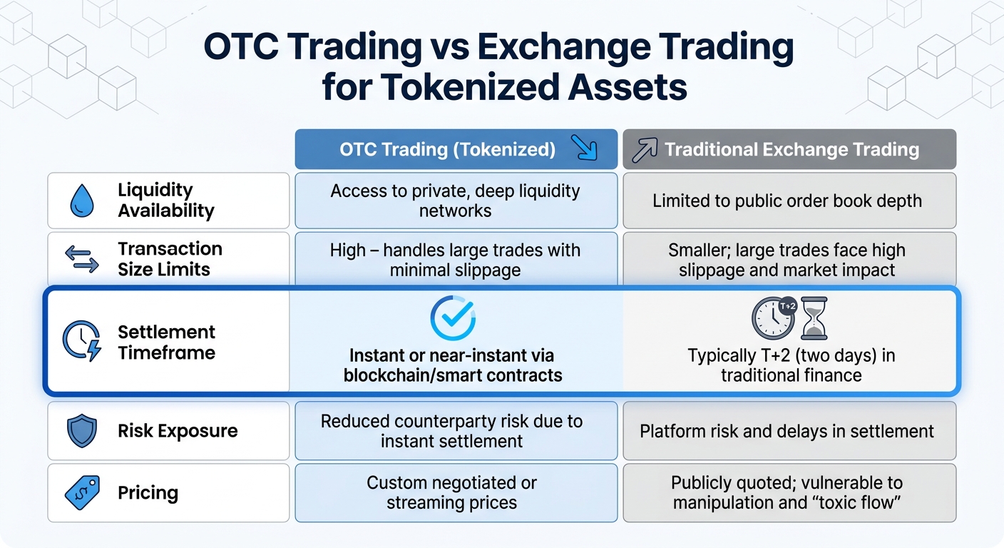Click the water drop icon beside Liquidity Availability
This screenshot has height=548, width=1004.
coord(82,201)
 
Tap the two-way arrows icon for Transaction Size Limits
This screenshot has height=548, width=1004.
coord(82,259)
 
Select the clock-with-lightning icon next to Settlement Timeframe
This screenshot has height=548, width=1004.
coord(83,341)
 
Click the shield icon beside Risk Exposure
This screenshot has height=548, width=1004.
coord(82,431)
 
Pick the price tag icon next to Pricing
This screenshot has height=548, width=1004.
coord(82,493)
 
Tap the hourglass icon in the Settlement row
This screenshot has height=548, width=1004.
coord(814,318)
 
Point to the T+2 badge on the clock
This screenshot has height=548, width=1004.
coord(787,306)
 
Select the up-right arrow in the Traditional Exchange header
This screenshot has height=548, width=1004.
coord(644,149)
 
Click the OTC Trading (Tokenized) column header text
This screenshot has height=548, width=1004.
coord(446,149)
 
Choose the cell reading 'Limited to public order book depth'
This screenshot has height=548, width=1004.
coord(787,201)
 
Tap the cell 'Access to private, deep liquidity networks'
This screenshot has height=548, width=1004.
coord(455,201)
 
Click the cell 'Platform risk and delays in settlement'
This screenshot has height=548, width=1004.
coord(787,431)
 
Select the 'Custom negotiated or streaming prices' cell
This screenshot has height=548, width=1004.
coord(451,492)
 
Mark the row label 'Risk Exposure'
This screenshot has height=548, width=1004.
coord(178,431)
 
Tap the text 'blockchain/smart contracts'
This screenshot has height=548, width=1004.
coord(453,375)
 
